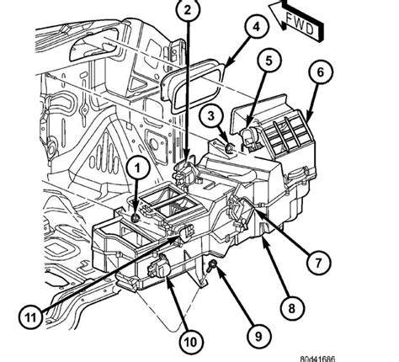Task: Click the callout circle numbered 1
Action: (137, 168)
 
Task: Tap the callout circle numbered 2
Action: (188, 10)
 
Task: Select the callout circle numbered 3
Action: (211, 115)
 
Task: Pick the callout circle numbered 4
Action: (256, 27)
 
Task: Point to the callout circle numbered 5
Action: (269, 61)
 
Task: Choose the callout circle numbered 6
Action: (320, 72)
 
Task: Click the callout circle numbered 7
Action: (318, 263)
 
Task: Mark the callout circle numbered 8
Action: (292, 308)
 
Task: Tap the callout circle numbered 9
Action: (258, 336)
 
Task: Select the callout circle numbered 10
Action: (191, 342)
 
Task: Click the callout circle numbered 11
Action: (31, 317)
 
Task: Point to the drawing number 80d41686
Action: (317, 359)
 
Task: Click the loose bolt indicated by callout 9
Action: (212, 265)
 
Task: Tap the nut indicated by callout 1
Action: (136, 217)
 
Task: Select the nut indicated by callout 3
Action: (230, 147)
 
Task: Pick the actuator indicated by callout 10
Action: (157, 267)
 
